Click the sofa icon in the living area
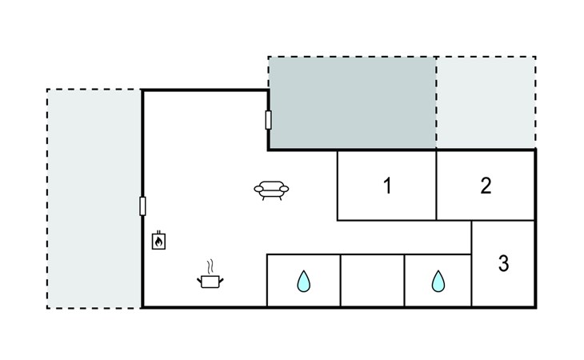coord(271,190)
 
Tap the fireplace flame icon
coord(158,241)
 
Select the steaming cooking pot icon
coord(210,275)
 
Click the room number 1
coord(387,186)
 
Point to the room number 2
coord(486,186)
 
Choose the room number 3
coord(503,263)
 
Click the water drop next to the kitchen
coord(303,281)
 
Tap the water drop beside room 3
coord(438,281)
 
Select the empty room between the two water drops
coord(373,281)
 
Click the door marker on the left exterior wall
coord(142,206)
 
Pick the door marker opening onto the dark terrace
coord(268,120)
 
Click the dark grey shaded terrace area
coord(352,102)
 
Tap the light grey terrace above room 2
coord(486,102)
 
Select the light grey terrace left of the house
coord(94,199)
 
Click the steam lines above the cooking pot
coord(211,266)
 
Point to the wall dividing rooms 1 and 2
coord(436,186)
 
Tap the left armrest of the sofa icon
coord(258,189)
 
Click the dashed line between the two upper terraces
coord(436,102)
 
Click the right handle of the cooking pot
coord(222,280)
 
